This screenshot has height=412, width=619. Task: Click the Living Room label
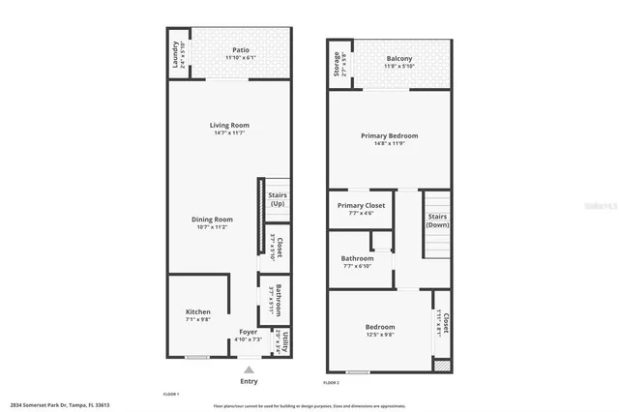point(230,125)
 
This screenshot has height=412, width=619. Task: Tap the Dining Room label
point(212,219)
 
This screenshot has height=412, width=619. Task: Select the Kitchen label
point(198,311)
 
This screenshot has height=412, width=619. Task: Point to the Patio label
point(243,49)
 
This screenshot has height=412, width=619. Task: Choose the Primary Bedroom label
point(390,135)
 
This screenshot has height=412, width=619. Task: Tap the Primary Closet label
point(361,206)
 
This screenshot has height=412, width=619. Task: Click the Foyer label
point(249,332)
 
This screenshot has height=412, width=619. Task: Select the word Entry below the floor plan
point(249,381)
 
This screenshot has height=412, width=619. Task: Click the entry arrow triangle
point(249,368)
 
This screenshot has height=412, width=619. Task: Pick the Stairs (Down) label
point(437,221)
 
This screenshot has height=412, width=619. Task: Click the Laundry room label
point(175,55)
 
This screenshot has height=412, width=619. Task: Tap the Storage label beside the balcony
point(337,64)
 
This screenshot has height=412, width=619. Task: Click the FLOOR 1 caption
point(171,395)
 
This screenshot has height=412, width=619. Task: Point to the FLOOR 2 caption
point(331,384)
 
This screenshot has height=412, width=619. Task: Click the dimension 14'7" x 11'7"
point(230,132)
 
